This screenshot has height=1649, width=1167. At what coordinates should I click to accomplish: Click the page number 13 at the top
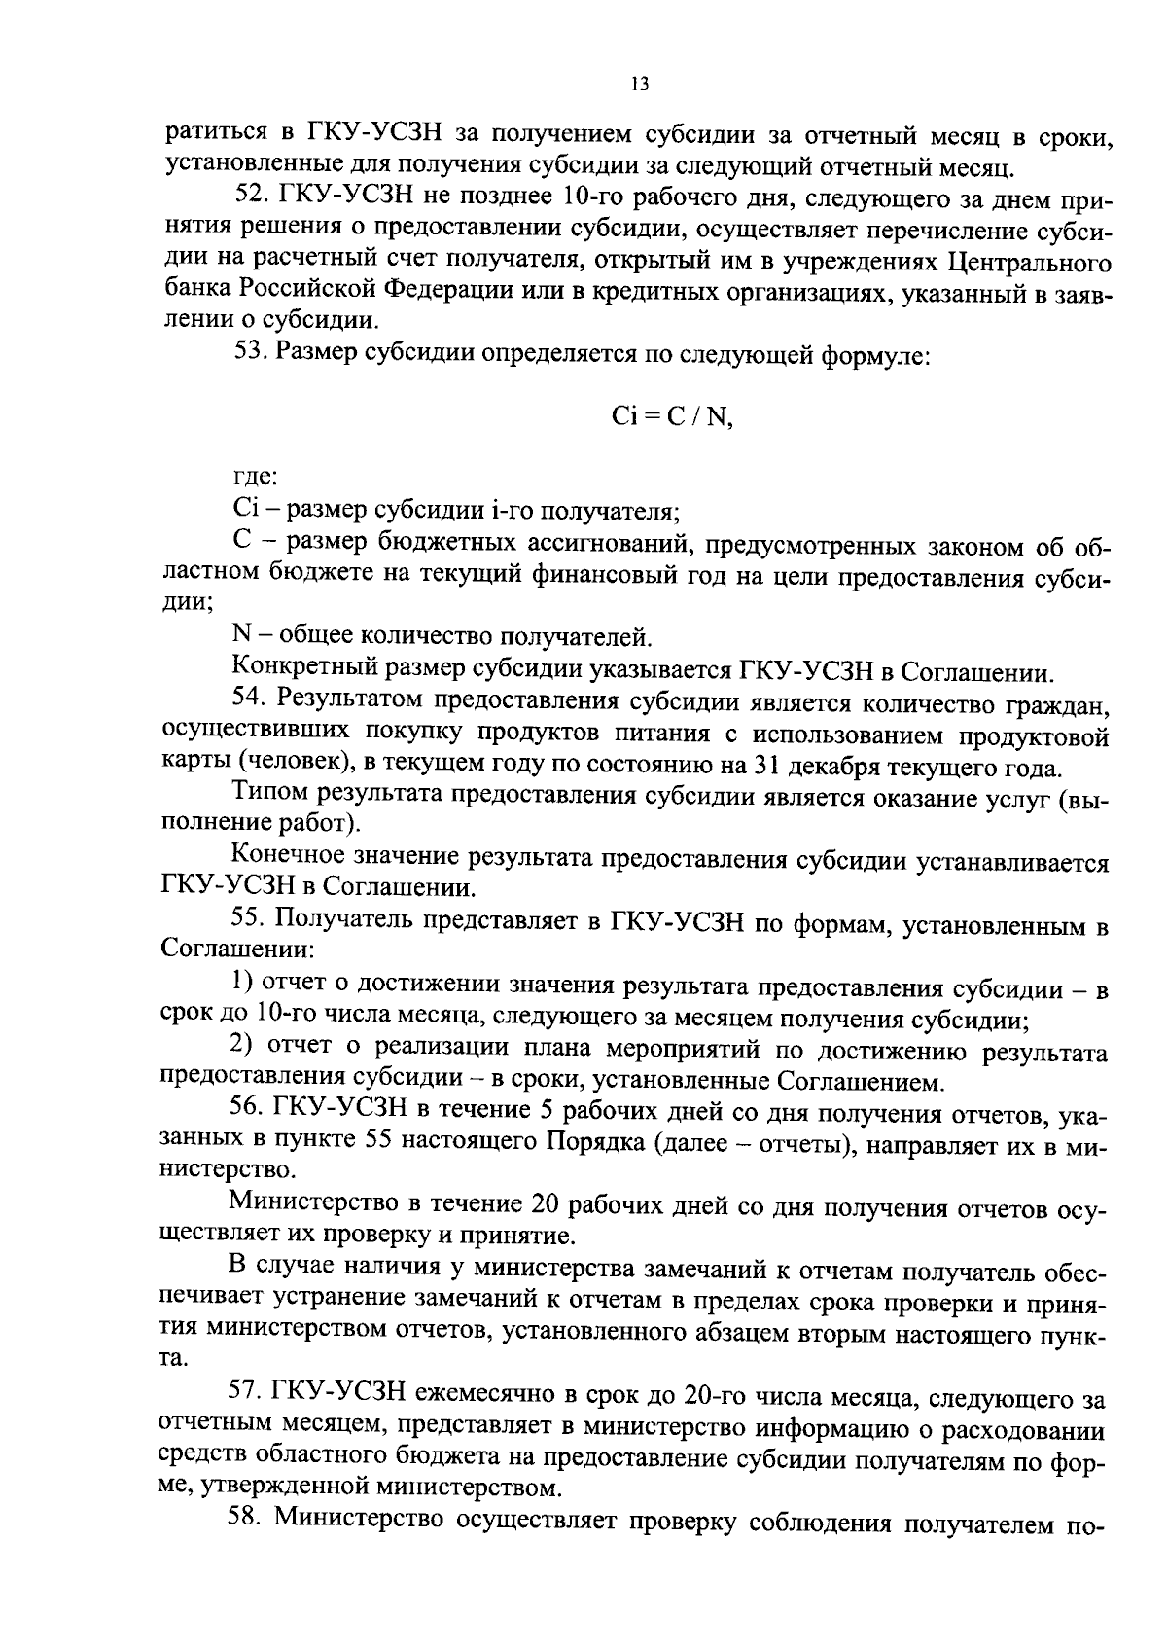click(639, 84)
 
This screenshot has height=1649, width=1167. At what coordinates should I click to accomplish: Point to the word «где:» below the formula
click(256, 477)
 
